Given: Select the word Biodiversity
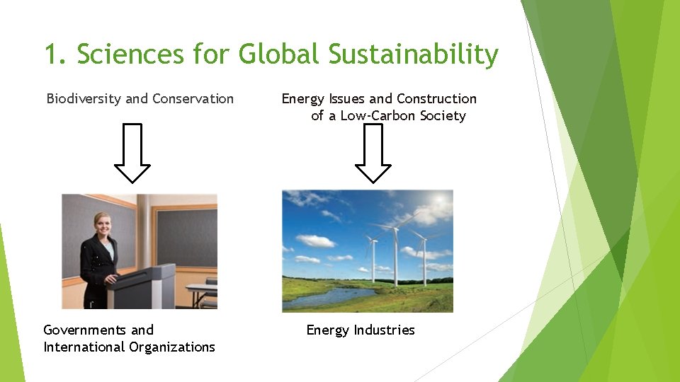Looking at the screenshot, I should [84, 99].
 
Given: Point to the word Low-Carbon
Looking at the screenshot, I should [373, 116].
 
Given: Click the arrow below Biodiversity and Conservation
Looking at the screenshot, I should [132, 153].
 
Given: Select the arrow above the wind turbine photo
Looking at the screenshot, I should [373, 153].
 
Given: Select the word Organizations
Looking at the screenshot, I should [172, 347].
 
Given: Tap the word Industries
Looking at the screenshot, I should [385, 330].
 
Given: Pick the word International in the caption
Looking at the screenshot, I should [84, 347].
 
